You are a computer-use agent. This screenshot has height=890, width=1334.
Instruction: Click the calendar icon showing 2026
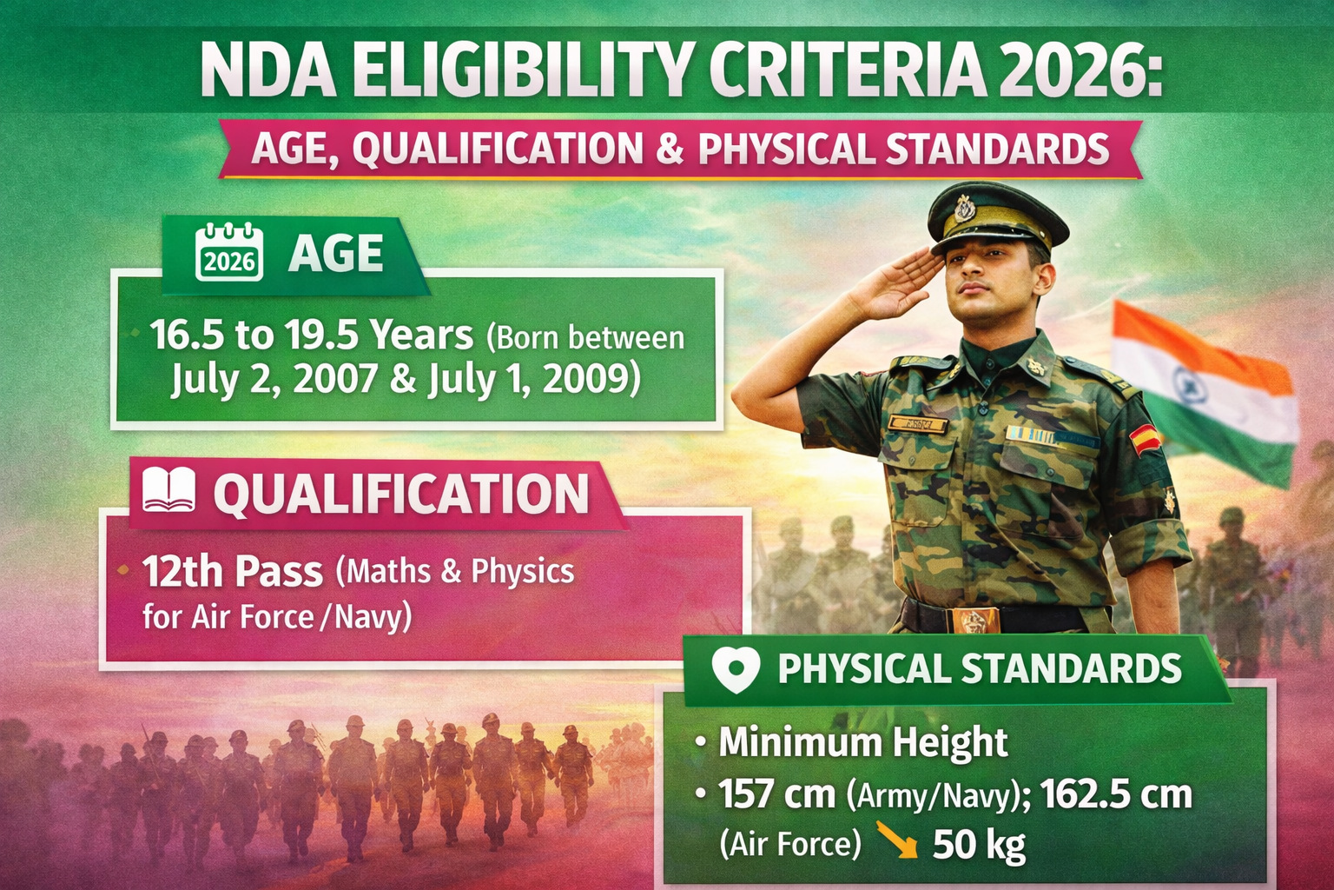pyautogui.click(x=229, y=252)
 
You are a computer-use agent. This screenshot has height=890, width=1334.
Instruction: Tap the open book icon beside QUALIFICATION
pyautogui.click(x=168, y=491)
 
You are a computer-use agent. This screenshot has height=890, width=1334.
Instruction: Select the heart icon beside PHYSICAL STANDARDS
pyautogui.click(x=735, y=668)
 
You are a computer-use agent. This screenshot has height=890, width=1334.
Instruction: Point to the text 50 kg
pyautogui.click(x=979, y=844)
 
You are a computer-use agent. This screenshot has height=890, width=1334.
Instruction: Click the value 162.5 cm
pyautogui.click(x=1115, y=794)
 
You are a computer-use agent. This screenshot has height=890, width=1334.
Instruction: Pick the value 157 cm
pyautogui.click(x=776, y=794)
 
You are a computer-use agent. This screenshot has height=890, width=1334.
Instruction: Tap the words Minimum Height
pyautogui.click(x=863, y=743)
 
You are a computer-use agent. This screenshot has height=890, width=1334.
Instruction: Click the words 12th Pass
pyautogui.click(x=232, y=572)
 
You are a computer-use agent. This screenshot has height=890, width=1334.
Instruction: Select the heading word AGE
pyautogui.click(x=335, y=254)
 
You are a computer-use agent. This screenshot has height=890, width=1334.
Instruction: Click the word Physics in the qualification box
pyautogui.click(x=522, y=572)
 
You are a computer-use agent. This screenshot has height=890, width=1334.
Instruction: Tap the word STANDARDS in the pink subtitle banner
pyautogui.click(x=997, y=149)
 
